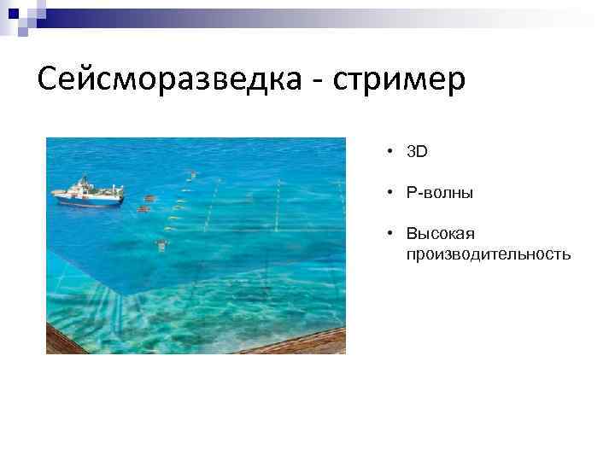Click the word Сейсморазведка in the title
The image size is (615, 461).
pos(167,80)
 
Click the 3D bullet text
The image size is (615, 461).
pos(417,152)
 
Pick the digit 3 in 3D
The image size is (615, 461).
pos(412,152)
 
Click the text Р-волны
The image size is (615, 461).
pos(440,193)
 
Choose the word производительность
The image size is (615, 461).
pos(488,254)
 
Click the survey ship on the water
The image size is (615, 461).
pos(87,192)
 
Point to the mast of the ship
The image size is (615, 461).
pos(84,181)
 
